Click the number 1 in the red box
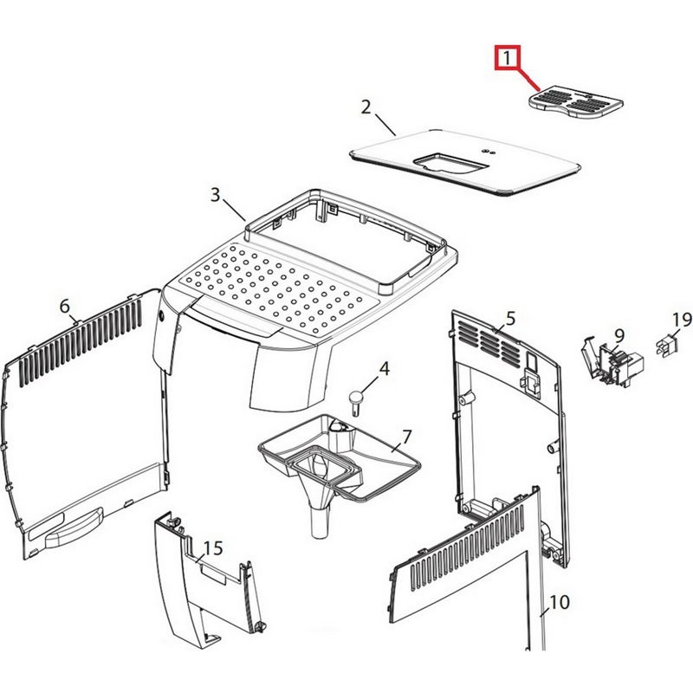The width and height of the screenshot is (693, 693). click(x=508, y=58)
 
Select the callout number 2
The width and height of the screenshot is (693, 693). click(x=366, y=107)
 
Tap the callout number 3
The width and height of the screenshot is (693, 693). click(x=215, y=194)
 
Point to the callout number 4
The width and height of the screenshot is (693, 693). click(x=385, y=368)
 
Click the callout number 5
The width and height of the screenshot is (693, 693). click(x=510, y=318)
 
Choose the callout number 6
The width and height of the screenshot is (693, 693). click(x=64, y=306)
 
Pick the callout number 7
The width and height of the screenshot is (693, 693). click(x=406, y=437)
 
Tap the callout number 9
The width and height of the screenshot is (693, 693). click(x=619, y=335)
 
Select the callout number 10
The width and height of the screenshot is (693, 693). click(x=560, y=601)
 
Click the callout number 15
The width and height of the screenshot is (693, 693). click(x=213, y=548)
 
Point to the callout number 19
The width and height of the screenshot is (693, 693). click(x=682, y=319)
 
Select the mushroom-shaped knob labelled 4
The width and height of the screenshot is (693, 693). click(x=357, y=400)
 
